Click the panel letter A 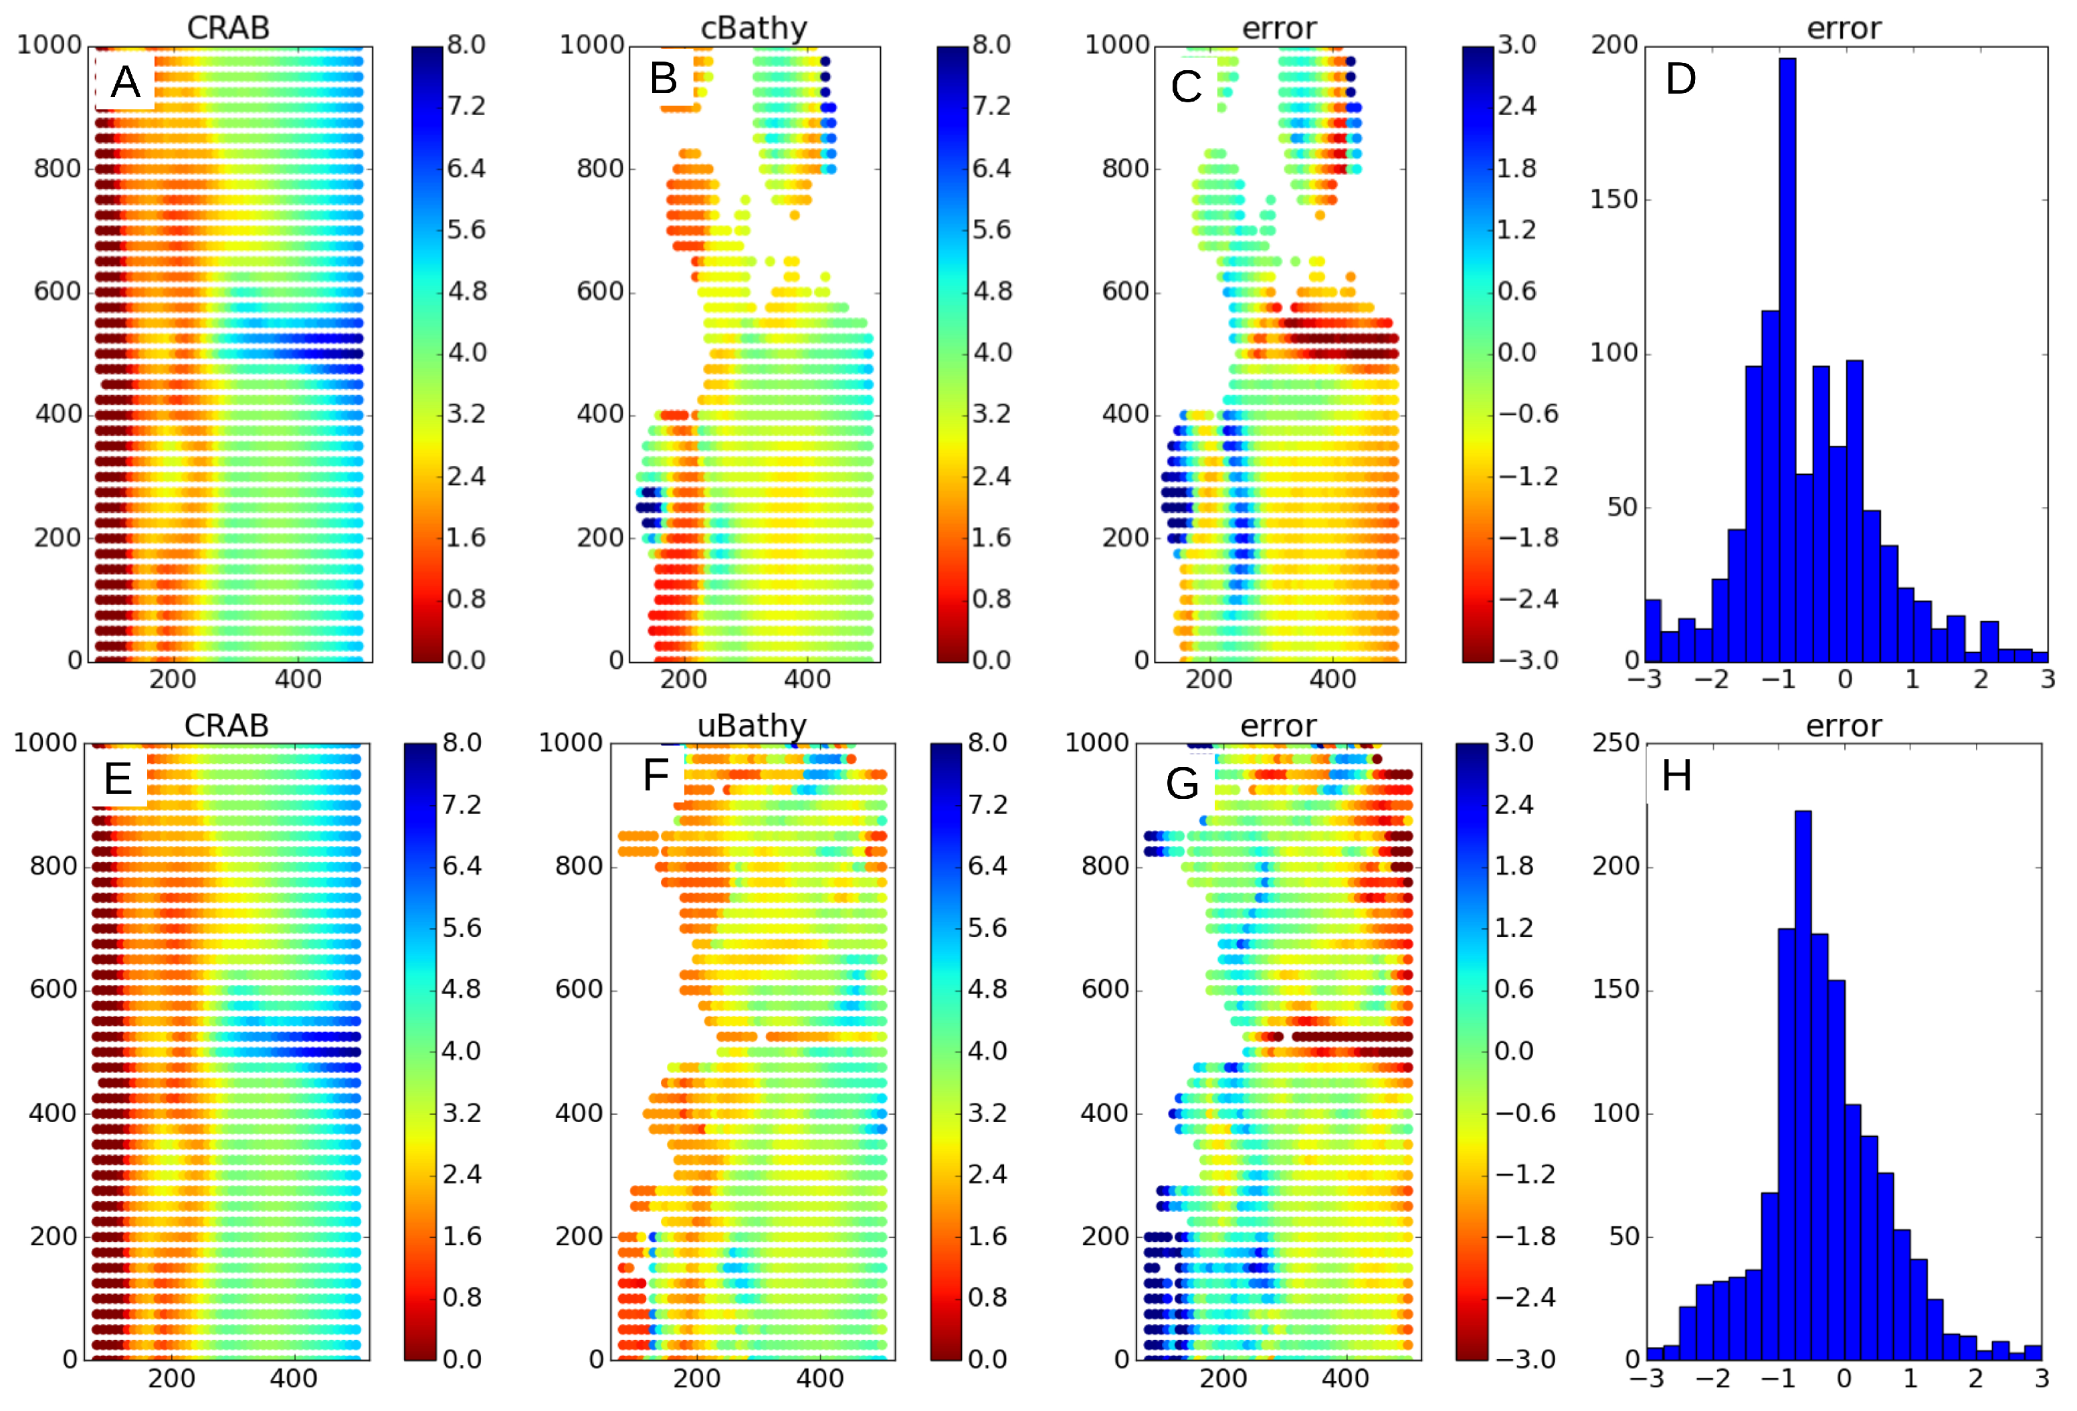pos(125,82)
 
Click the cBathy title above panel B pos(753,27)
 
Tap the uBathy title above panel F pos(752,726)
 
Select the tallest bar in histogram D pos(1787,358)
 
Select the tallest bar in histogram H pos(1803,1081)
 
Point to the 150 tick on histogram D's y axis pos(1614,199)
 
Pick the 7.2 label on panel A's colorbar pos(466,106)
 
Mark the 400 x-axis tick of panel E pos(293,1378)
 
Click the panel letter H pos(1676,776)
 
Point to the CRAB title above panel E pos(226,726)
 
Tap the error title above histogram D pos(1844,27)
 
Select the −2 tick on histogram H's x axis pos(1712,1378)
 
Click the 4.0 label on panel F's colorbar pos(987,1051)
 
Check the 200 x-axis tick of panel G pos(1223,1378)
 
